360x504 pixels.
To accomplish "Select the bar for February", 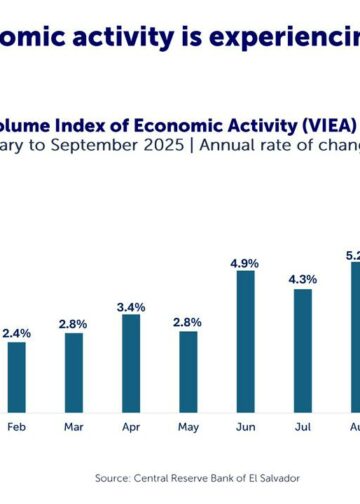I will tap(15, 378).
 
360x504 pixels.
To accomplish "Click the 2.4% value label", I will tap(15, 333).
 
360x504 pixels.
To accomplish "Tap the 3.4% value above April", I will tap(131, 306).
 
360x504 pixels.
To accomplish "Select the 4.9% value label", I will tap(245, 263).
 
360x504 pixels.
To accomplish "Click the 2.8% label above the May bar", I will tap(188, 322).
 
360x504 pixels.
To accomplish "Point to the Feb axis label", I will tap(15, 425).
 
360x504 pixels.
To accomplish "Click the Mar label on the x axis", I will tap(73, 425).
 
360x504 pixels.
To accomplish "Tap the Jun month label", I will tap(245, 425).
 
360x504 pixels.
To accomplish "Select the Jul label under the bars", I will tap(302, 425).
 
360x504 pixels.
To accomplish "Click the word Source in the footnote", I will tap(113, 478).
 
